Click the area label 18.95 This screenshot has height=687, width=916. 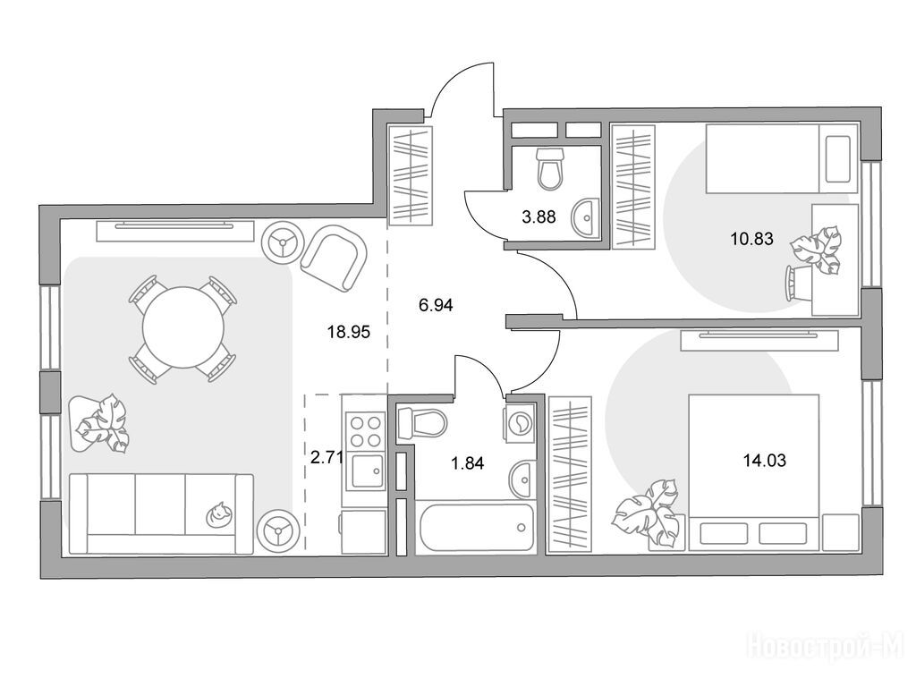[x=349, y=333]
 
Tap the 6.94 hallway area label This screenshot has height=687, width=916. [x=436, y=304]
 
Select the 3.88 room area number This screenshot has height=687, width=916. [x=539, y=217]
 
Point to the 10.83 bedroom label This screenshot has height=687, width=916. [x=751, y=238]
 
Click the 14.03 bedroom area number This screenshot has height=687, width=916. [x=765, y=461]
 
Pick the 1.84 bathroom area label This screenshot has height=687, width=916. [x=467, y=463]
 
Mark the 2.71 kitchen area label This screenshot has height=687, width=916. [x=327, y=457]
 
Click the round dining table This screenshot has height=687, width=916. [x=183, y=327]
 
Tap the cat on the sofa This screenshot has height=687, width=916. [x=218, y=514]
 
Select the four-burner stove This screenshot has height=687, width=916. [x=366, y=430]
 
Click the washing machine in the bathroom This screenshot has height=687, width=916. [x=519, y=421]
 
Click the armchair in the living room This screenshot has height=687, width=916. [x=334, y=259]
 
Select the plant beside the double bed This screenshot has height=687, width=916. [x=649, y=514]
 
